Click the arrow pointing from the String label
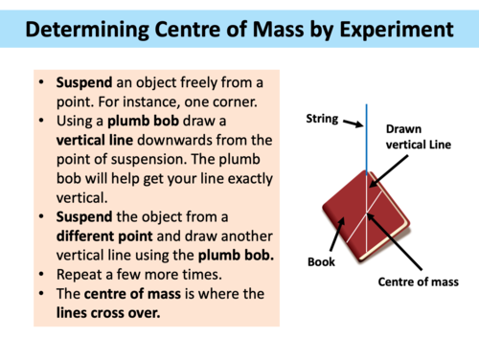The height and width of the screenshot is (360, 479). (349, 121)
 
